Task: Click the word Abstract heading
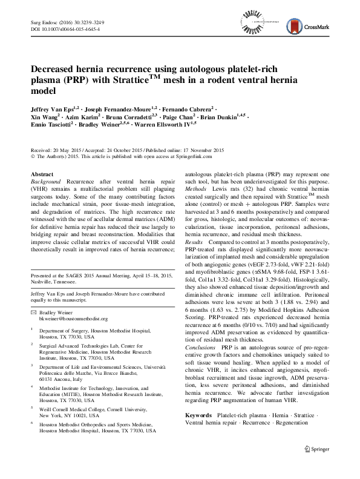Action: (x=42, y=174)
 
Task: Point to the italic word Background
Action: (x=47, y=181)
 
